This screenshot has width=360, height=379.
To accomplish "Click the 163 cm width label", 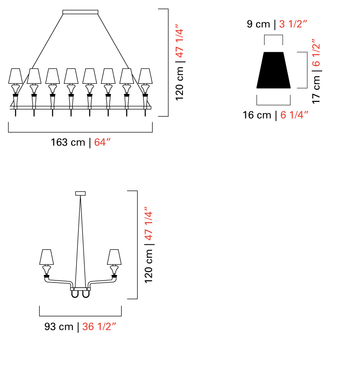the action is (x=68, y=142).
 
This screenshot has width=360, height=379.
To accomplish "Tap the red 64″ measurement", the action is (x=102, y=142).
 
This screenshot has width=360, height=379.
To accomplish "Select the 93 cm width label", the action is (x=59, y=326).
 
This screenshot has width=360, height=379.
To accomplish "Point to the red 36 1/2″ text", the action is (x=99, y=326).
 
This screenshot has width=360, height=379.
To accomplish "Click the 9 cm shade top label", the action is (x=258, y=24).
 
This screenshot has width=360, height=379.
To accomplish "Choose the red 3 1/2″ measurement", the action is (x=293, y=24).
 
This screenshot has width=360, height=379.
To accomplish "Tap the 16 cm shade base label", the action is (x=257, y=115).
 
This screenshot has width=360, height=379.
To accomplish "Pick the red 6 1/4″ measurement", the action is (x=294, y=115).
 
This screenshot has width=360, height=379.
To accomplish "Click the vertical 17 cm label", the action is (x=316, y=89).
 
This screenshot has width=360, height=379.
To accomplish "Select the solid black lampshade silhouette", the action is (x=273, y=70).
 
